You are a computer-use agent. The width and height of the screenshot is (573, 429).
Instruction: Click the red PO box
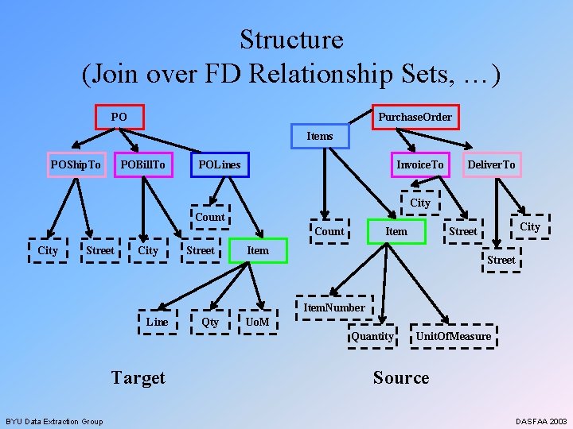click(x=119, y=118)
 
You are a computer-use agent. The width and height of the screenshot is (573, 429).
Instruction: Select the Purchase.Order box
click(x=415, y=118)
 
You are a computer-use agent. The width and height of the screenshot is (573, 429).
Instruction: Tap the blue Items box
click(x=320, y=136)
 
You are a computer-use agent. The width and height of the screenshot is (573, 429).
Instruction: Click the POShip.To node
click(x=76, y=164)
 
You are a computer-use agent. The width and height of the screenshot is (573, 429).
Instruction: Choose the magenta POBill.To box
click(x=143, y=164)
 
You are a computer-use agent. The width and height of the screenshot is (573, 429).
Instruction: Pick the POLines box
click(x=220, y=164)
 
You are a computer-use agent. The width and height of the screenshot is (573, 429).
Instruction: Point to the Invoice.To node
click(x=420, y=164)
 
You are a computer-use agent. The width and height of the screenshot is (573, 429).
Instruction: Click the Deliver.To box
click(x=491, y=164)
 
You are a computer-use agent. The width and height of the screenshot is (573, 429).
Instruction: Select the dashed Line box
click(x=157, y=322)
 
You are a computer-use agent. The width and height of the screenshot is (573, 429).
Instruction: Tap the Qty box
click(x=210, y=322)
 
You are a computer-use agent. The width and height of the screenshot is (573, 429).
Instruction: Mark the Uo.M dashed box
click(x=257, y=322)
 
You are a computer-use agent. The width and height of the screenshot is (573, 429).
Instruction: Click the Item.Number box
click(x=334, y=307)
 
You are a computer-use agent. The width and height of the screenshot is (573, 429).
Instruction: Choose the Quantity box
click(x=372, y=336)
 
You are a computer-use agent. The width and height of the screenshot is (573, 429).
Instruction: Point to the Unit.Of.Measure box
click(x=453, y=336)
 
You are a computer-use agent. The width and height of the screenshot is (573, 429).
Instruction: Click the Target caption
click(x=138, y=377)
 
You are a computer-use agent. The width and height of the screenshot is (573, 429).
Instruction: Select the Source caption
click(x=401, y=377)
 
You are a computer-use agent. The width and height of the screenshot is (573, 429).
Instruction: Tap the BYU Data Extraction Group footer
click(x=54, y=421)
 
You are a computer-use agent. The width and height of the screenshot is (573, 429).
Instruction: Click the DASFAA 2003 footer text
click(x=541, y=421)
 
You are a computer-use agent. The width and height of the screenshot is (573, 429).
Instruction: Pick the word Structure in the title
click(x=291, y=40)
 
